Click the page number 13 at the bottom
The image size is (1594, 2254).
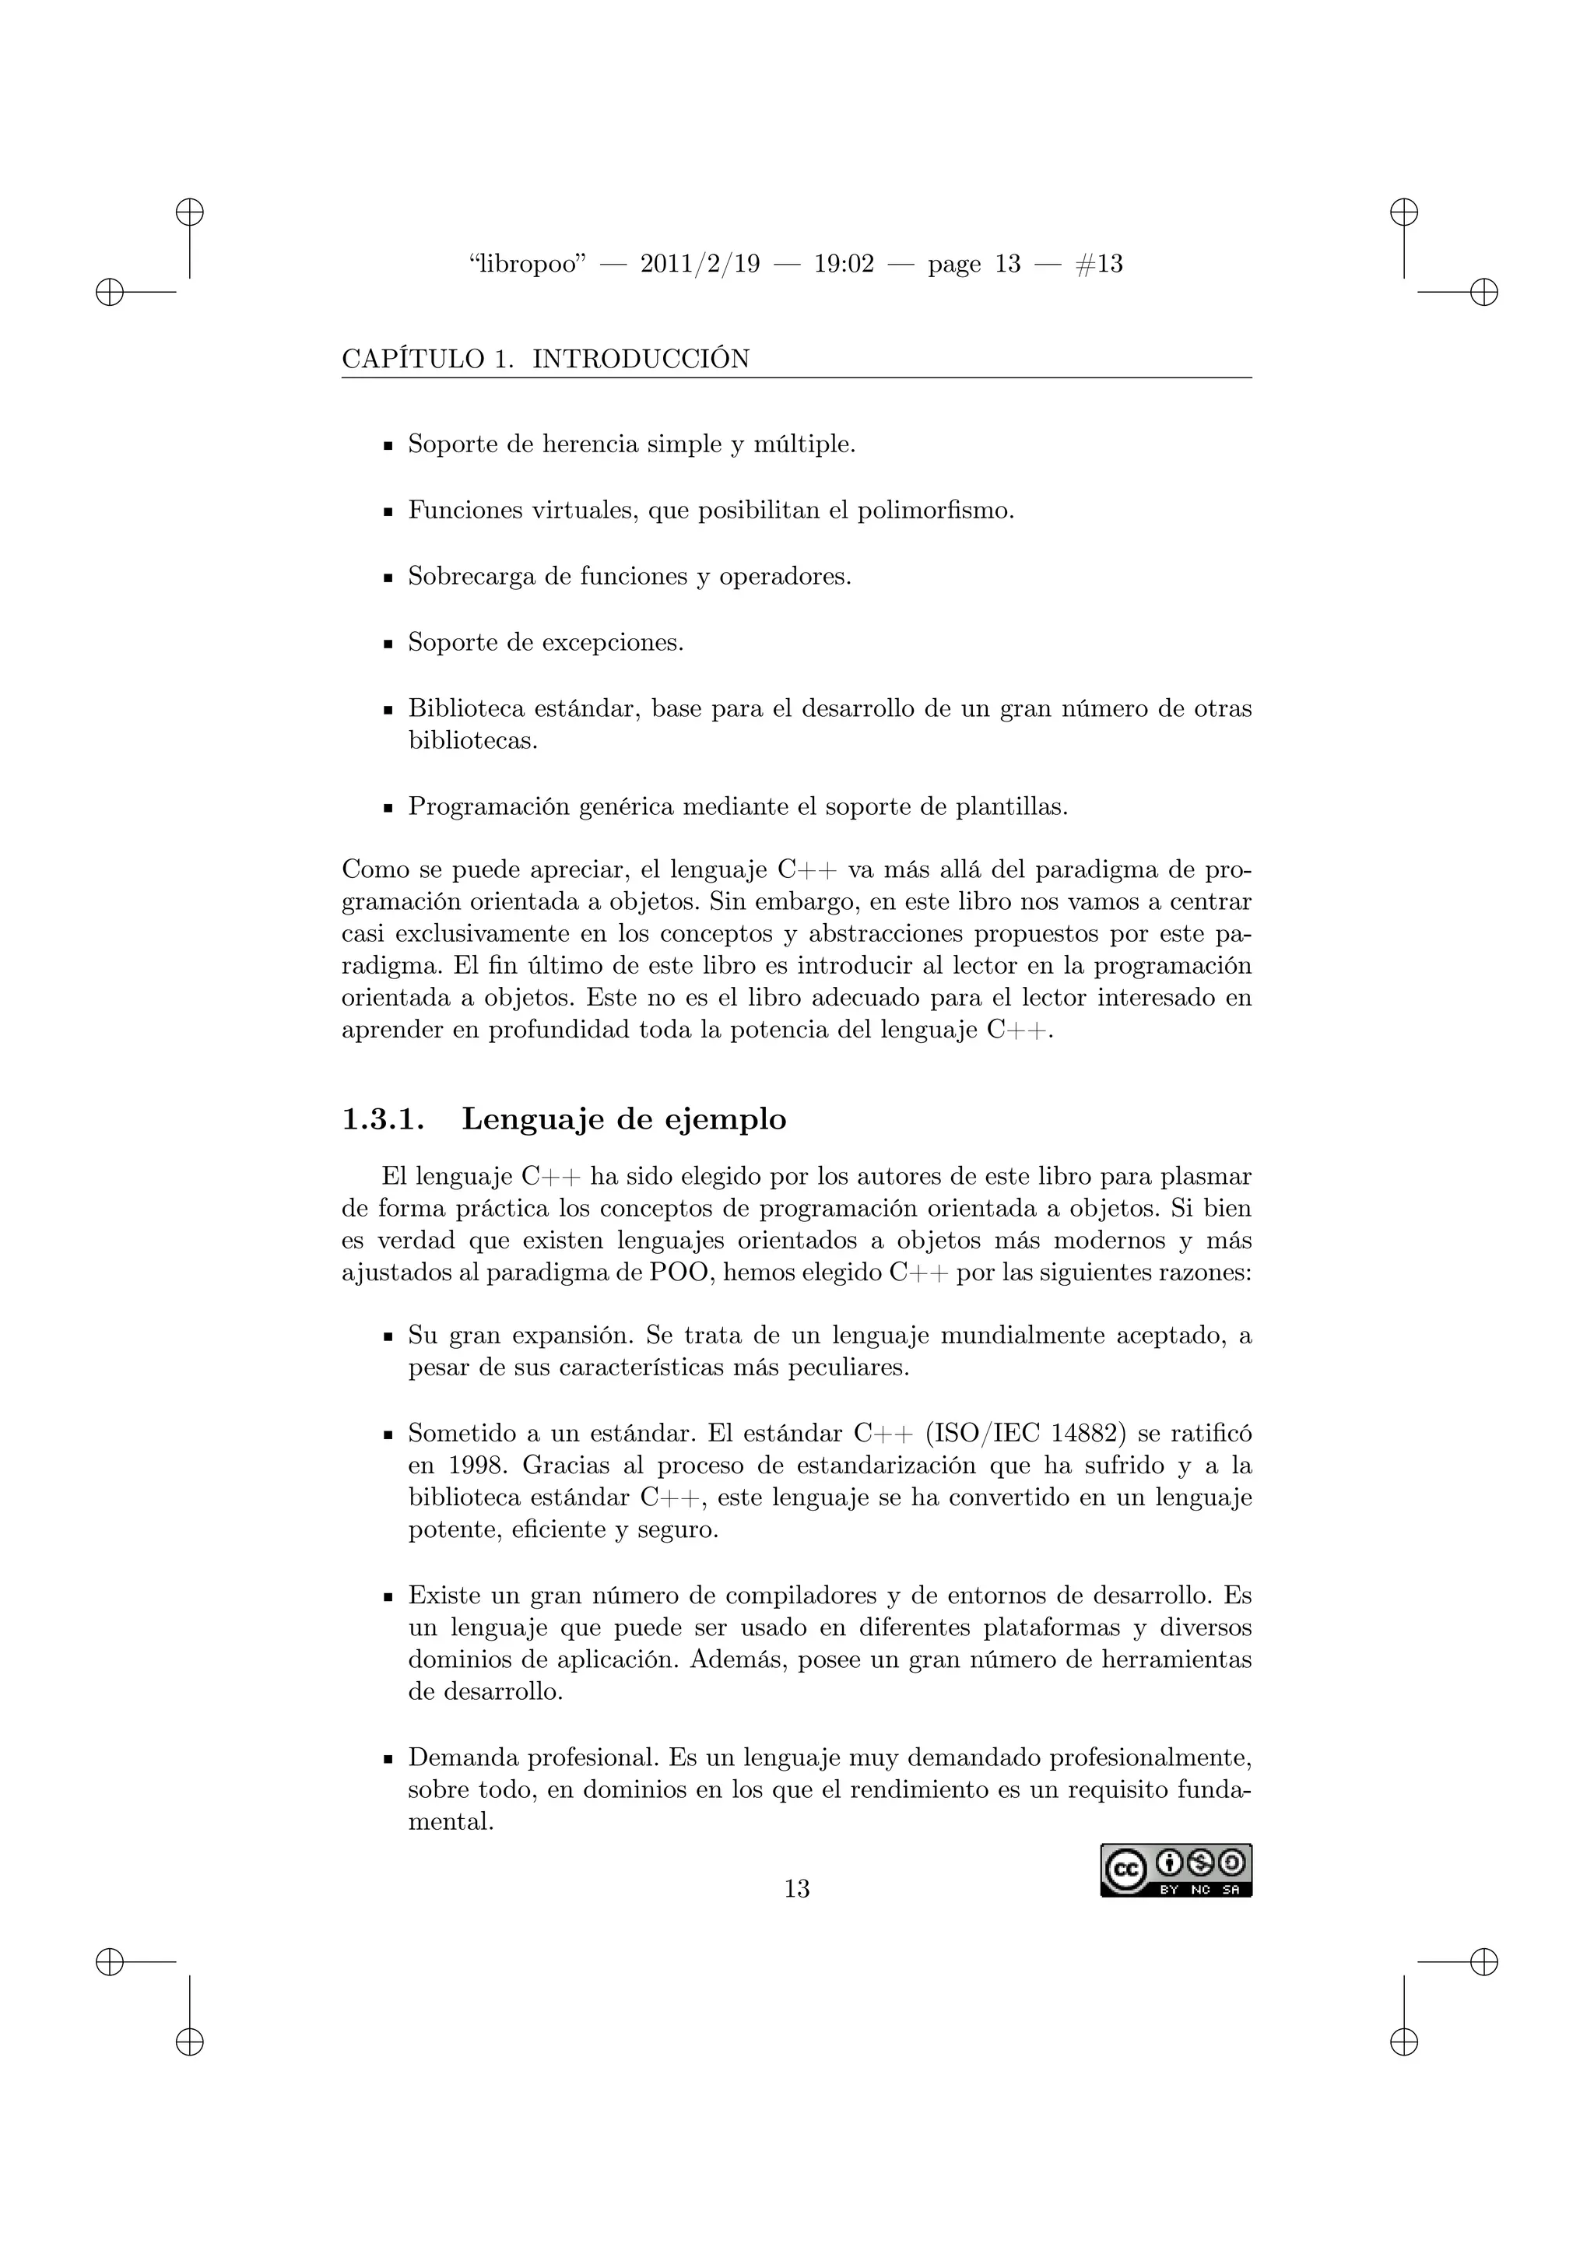click(x=796, y=1888)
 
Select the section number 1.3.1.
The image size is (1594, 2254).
click(x=383, y=1119)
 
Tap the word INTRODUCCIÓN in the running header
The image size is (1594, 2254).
click(x=640, y=360)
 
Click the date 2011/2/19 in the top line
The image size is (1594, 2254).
click(x=699, y=264)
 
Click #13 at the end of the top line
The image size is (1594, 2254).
click(x=1099, y=264)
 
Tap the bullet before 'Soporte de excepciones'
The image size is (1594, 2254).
click(x=388, y=645)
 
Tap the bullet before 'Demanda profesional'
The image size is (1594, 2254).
click(x=388, y=1759)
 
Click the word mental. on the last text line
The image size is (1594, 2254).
click(x=450, y=1822)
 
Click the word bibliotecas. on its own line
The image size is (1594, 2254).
click(x=473, y=740)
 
